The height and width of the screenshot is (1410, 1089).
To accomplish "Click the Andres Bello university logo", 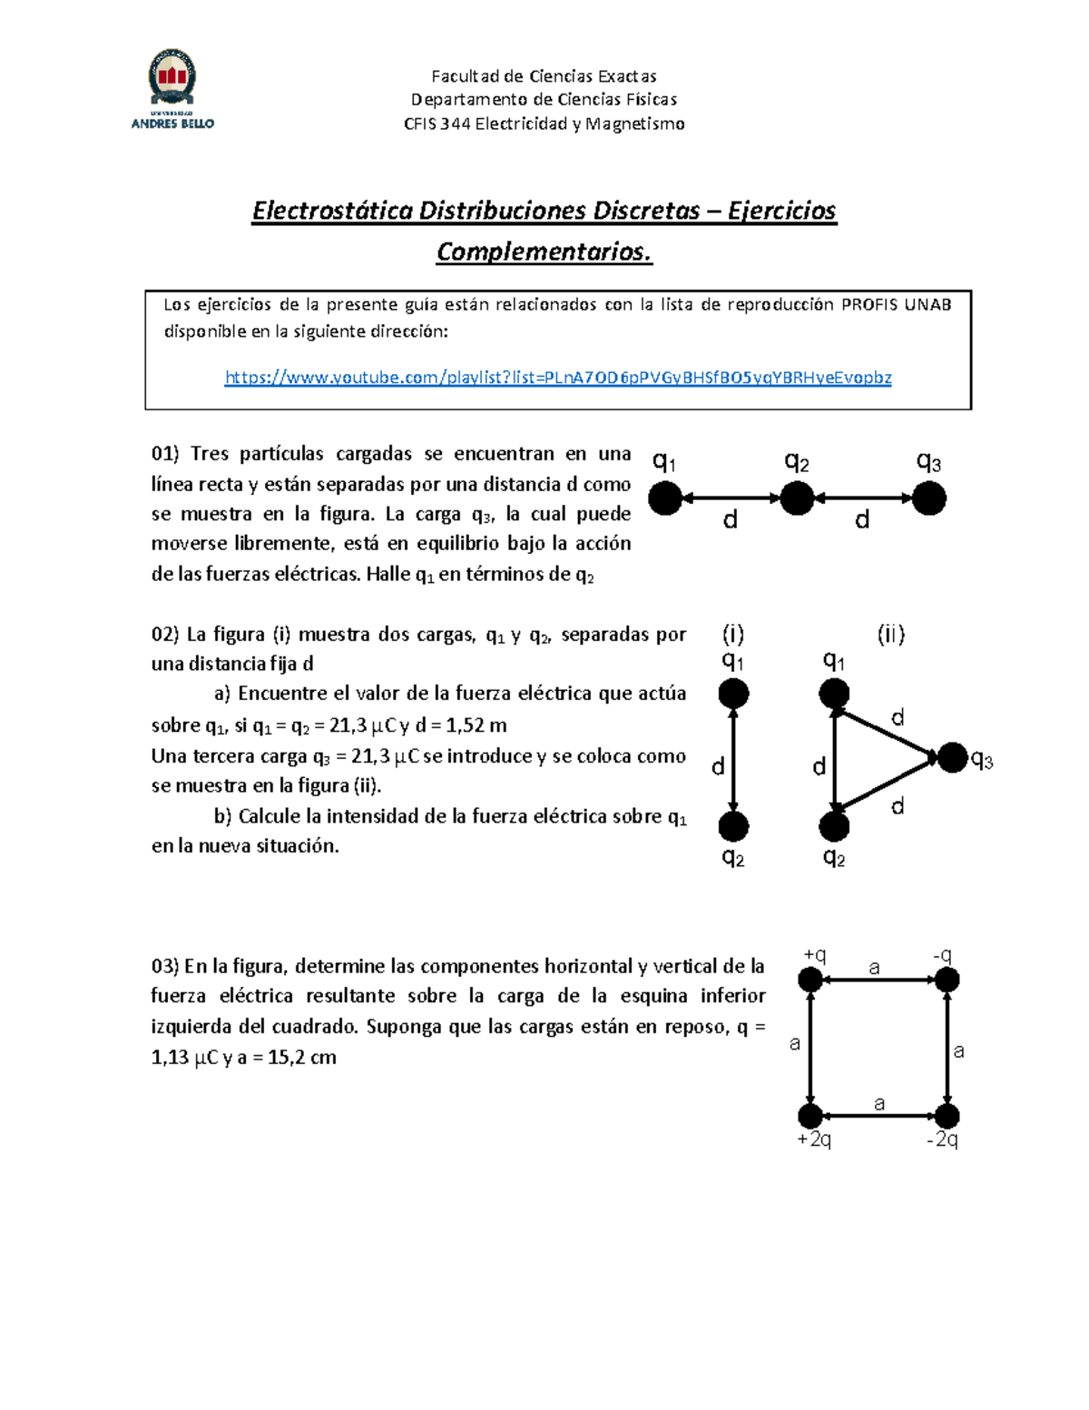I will click(172, 89).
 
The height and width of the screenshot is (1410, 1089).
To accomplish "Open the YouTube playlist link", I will click(557, 378).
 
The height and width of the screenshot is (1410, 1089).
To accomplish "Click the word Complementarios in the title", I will click(544, 251).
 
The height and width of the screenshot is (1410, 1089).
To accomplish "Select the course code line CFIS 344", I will click(544, 123).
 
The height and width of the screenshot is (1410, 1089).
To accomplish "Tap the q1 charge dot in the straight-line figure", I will click(665, 498).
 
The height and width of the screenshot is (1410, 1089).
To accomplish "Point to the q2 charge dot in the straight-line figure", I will click(797, 498).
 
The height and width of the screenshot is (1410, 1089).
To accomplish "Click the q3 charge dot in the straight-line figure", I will click(929, 498).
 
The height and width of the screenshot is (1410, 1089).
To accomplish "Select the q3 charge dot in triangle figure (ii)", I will click(952, 757).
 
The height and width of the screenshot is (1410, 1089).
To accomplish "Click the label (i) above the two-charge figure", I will click(733, 634).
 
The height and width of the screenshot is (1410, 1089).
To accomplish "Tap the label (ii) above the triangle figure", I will click(890, 634).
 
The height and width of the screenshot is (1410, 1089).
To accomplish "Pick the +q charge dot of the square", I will click(810, 980).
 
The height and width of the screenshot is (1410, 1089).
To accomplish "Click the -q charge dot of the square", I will click(947, 980).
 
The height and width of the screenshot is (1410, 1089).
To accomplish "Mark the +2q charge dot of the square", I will click(810, 1116).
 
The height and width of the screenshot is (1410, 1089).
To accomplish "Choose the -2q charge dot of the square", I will click(947, 1116).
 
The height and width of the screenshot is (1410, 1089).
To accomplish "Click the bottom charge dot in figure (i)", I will click(733, 826).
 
